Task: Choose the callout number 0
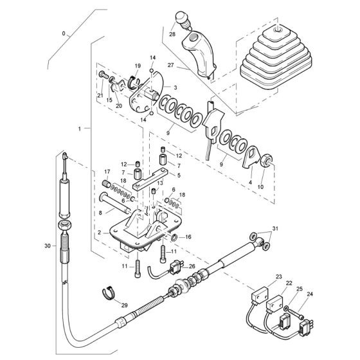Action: [64, 32]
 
